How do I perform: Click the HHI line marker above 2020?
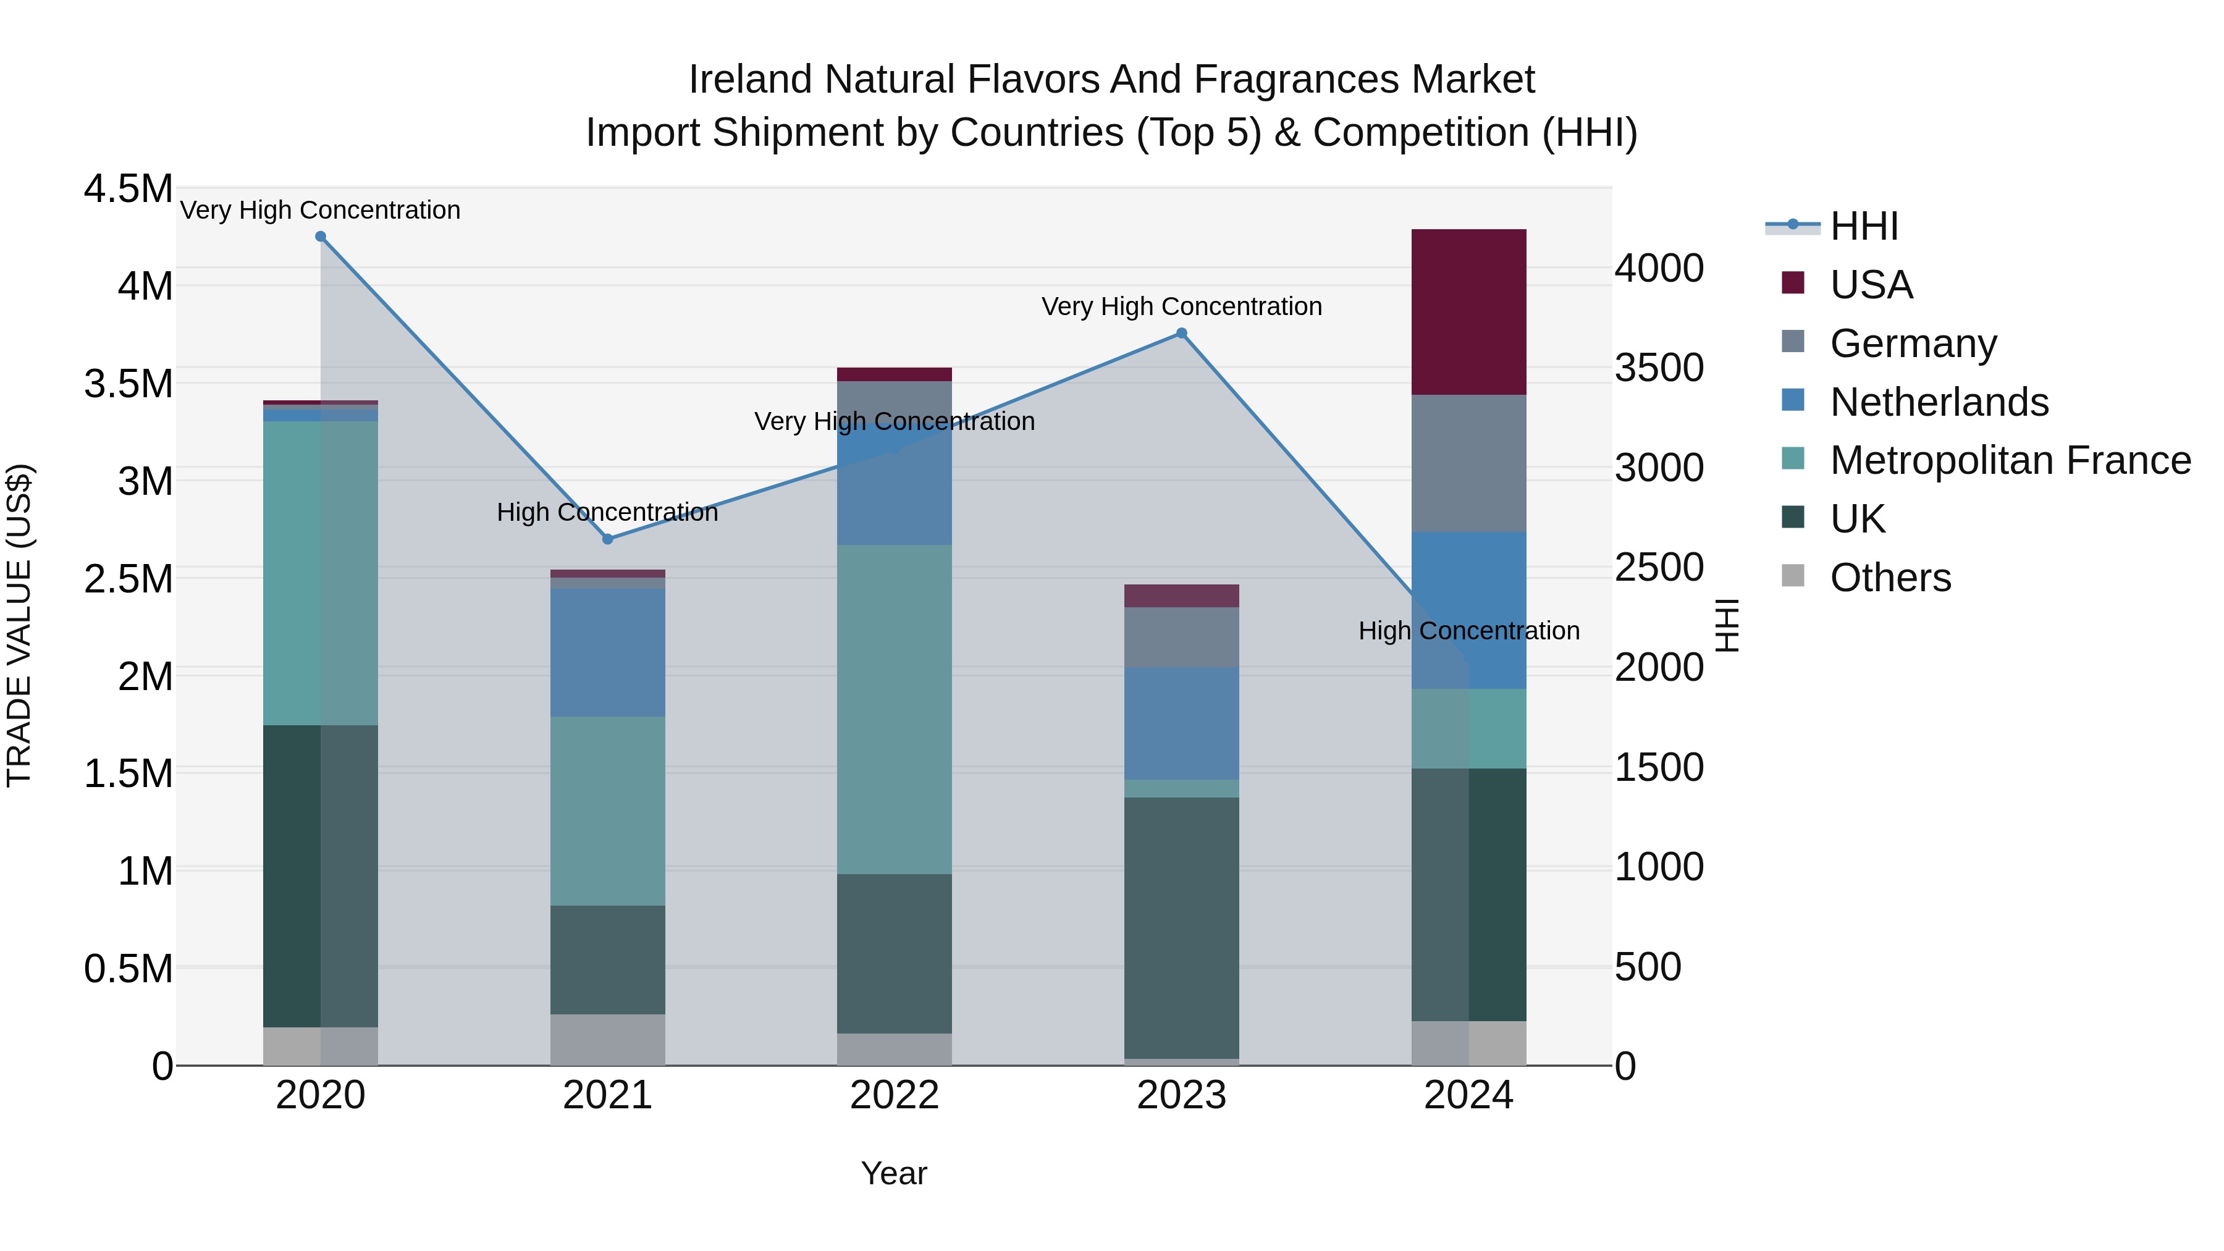coord(320,237)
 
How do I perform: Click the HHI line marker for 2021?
coord(608,539)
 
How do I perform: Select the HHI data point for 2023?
coord(1182,333)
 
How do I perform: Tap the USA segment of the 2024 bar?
coord(1468,312)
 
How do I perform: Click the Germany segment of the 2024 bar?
coord(1468,463)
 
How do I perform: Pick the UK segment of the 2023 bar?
coord(1182,927)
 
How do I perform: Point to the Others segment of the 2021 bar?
coord(608,1040)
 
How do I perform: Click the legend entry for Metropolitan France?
coord(2010,461)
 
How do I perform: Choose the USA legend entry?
coord(1871,285)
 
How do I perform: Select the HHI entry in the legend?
coord(1863,226)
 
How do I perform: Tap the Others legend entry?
coord(1890,578)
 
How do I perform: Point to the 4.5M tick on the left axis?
coord(128,189)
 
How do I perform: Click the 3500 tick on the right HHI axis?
coord(1659,368)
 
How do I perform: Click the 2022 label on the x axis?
coord(895,1095)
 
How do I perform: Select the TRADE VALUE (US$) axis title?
coord(20,625)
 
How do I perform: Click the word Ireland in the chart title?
coord(749,80)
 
